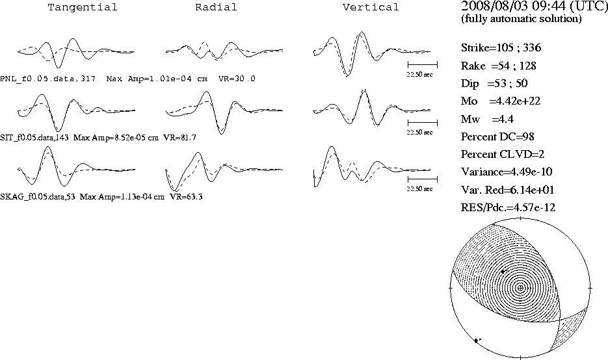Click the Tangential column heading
[83, 7]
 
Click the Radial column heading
[216, 7]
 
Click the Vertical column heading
[371, 7]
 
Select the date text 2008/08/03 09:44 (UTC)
[535, 6]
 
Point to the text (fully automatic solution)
[521, 19]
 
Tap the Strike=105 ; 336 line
[501, 47]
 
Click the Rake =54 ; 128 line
[498, 66]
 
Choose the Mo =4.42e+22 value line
[501, 101]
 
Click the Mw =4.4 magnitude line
[487, 119]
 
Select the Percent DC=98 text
[497, 137]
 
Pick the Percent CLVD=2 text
[503, 154]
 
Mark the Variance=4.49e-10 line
[507, 172]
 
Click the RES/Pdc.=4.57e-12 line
[508, 208]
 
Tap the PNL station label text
[47, 79]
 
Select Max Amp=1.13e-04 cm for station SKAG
[122, 197]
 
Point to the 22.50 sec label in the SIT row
[419, 133]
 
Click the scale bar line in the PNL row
[423, 65]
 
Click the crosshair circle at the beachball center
[520, 288]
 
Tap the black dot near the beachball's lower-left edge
[477, 341]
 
